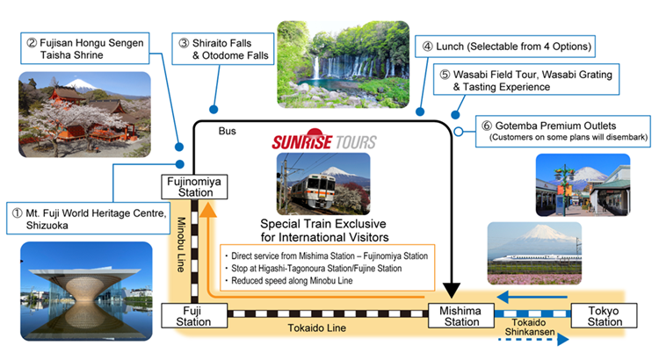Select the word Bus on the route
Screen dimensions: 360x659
[227, 131]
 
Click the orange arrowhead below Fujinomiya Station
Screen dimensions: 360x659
[206, 209]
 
